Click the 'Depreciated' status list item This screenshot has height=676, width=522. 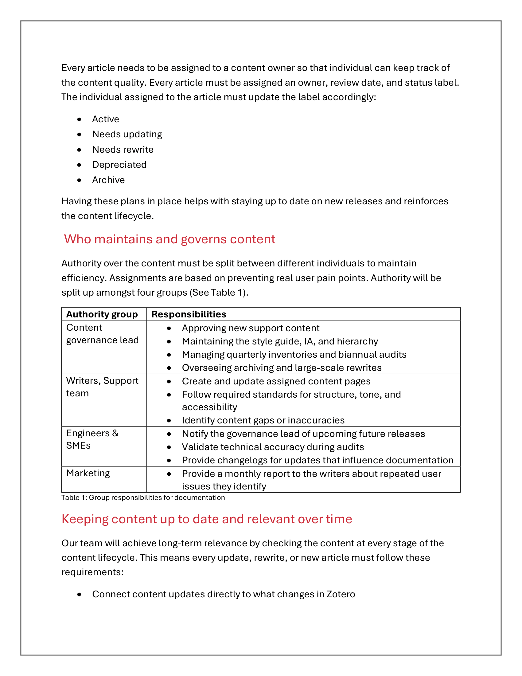pyautogui.click(x=119, y=165)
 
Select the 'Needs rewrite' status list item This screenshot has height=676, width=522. pyautogui.click(x=123, y=150)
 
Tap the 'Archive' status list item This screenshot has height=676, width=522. pyautogui.click(x=108, y=180)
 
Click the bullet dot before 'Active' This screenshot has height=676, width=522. pyautogui.click(x=80, y=119)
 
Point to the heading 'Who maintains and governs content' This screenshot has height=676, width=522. pyautogui.click(x=169, y=239)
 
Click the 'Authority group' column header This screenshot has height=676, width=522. pyautogui.click(x=102, y=314)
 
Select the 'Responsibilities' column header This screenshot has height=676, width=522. pyautogui.click(x=189, y=314)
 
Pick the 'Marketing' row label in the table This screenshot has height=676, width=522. pyautogui.click(x=88, y=473)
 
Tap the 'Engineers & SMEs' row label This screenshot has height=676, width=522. pyautogui.click(x=92, y=439)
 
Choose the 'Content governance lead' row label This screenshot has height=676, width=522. pyautogui.click(x=102, y=334)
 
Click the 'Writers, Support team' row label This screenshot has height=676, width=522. pyautogui.click(x=102, y=387)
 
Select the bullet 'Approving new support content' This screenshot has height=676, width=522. pyautogui.click(x=251, y=328)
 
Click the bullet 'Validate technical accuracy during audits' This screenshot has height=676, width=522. pyautogui.click(x=273, y=447)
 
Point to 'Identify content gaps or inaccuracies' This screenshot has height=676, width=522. pyautogui.click(x=263, y=420)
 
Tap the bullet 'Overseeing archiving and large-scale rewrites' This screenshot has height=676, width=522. pyautogui.click(x=282, y=368)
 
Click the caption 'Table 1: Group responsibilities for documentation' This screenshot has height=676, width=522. pyautogui.click(x=143, y=497)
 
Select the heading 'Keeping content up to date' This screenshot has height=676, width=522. pyautogui.click(x=207, y=519)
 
